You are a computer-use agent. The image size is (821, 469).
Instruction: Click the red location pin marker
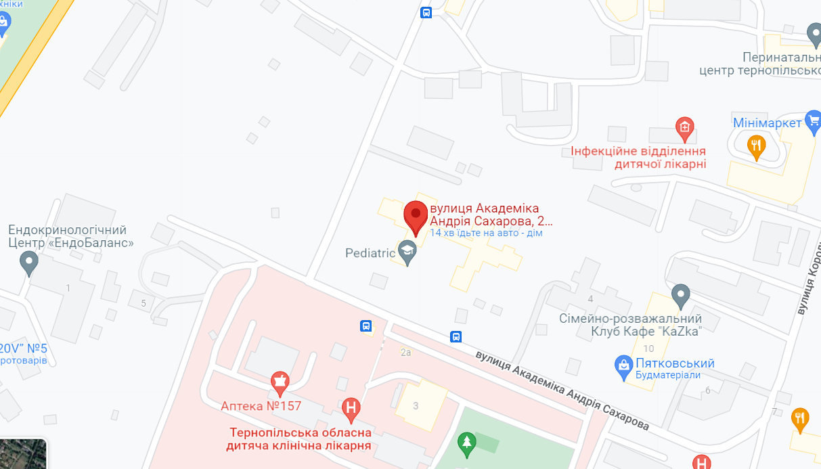click(x=416, y=216)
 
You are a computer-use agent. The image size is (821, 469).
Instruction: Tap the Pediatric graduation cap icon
click(x=407, y=252)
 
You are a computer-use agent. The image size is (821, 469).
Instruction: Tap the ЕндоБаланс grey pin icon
click(x=28, y=262)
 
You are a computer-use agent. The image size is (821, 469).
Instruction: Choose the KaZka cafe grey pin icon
click(x=680, y=295)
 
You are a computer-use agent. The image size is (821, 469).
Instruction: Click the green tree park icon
click(x=466, y=443)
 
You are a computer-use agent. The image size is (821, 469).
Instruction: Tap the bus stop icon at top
click(x=426, y=12)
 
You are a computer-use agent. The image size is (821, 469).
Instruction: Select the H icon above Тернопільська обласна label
click(x=351, y=408)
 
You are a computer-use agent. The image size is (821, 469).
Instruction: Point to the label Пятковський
click(x=675, y=363)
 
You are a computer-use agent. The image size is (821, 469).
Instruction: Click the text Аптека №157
click(x=261, y=406)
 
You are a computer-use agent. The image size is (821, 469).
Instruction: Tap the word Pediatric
click(x=370, y=253)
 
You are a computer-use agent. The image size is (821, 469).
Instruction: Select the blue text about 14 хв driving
click(x=486, y=233)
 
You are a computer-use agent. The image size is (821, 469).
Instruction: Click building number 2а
click(x=406, y=353)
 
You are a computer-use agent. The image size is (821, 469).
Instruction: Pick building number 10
click(x=649, y=349)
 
